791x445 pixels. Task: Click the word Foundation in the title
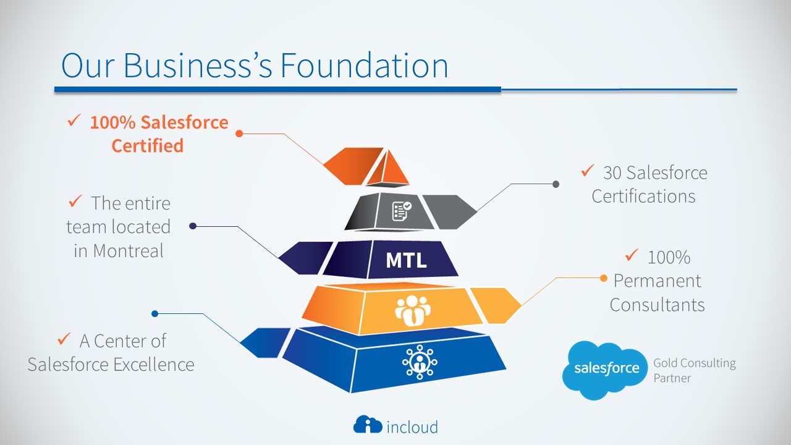[364, 65]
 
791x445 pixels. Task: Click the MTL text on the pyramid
[406, 260]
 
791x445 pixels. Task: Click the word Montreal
[128, 250]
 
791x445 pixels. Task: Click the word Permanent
[657, 281]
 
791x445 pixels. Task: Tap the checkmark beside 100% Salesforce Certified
[74, 121]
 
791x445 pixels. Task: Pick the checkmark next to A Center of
[64, 339]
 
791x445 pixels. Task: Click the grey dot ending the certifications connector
[556, 184]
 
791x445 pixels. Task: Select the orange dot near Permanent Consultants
[604, 278]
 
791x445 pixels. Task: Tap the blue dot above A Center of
[154, 313]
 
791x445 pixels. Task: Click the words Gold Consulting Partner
[695, 370]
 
